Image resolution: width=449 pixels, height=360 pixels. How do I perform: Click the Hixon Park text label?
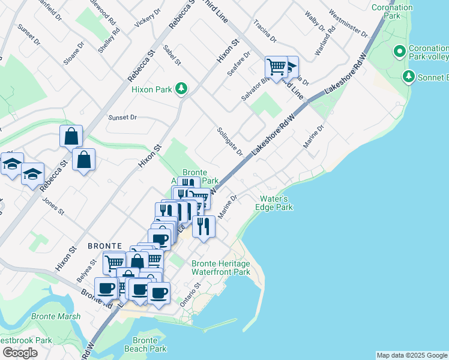point(151,89)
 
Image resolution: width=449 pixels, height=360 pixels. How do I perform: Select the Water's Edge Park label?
point(276,203)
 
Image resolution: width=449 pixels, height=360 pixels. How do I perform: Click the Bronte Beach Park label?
point(145,344)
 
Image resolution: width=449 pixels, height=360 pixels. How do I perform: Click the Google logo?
point(20,353)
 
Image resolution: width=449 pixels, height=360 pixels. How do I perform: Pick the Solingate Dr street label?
point(231,141)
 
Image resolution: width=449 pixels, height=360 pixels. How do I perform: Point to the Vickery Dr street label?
point(148,18)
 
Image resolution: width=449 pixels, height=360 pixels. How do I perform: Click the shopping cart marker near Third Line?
point(276,67)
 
